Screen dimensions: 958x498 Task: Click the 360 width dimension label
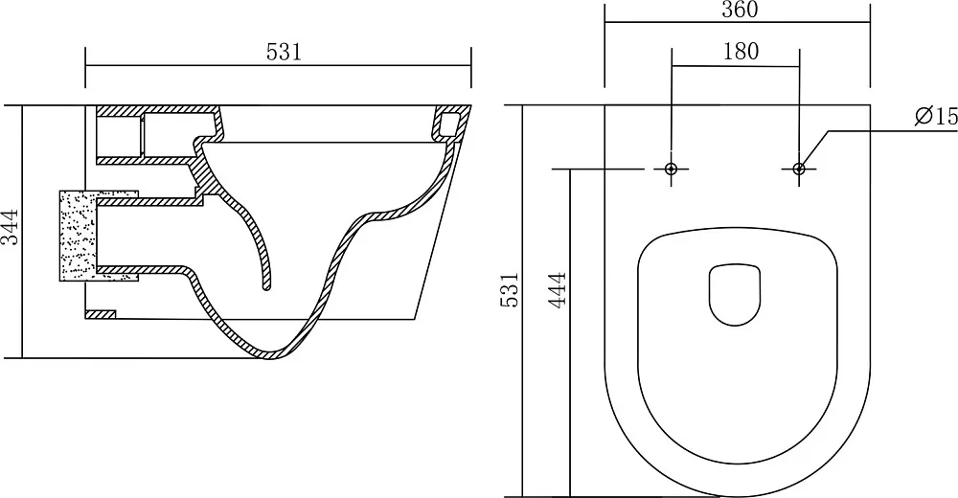(740, 10)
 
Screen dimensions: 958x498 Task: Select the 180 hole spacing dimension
(741, 52)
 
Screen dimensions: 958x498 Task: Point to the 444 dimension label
(558, 290)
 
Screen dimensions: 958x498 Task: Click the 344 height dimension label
(11, 227)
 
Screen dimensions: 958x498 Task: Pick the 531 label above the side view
(285, 53)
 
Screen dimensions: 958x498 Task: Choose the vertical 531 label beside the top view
(511, 289)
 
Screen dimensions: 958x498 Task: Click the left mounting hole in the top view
(672, 169)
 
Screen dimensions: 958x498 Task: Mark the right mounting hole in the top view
(799, 169)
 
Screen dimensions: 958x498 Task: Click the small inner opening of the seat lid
(735, 295)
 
